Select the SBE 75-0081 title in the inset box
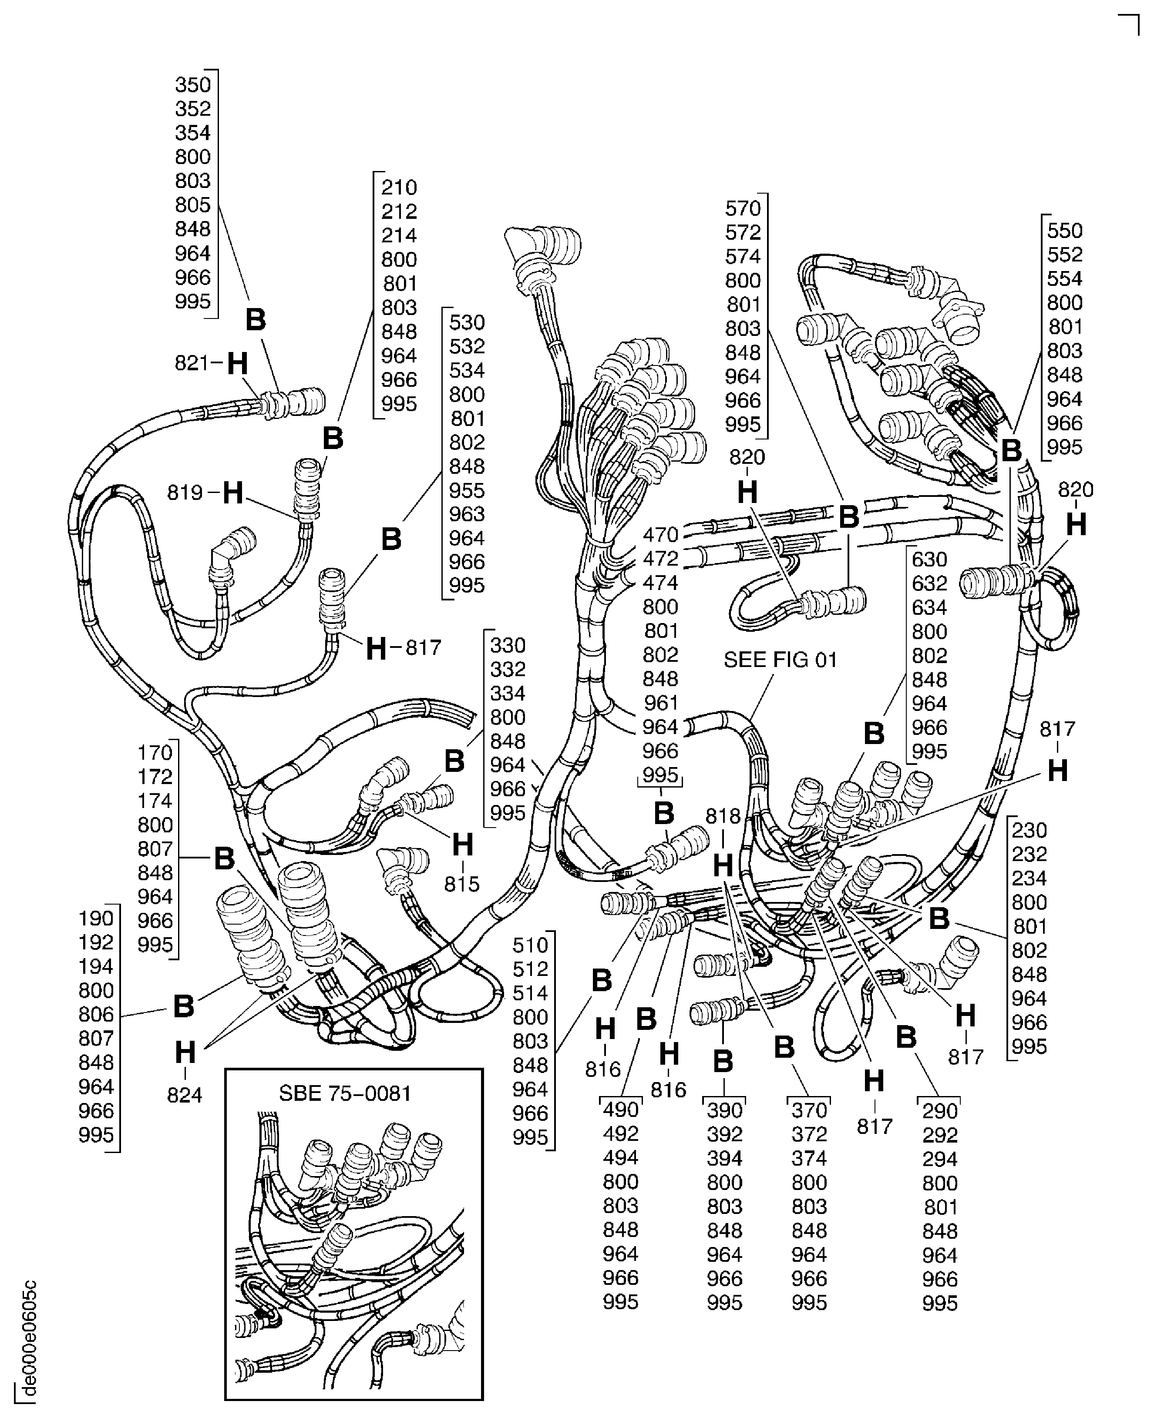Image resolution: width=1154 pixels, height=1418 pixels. click(x=345, y=1093)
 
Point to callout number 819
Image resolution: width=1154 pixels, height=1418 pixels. click(x=184, y=493)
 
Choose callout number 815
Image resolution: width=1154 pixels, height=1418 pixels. click(x=461, y=884)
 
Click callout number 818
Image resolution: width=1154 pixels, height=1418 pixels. click(x=723, y=816)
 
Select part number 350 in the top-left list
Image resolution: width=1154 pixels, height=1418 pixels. click(x=193, y=85)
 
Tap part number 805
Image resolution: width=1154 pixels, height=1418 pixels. click(x=193, y=204)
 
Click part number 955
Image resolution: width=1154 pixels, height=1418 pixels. click(x=467, y=490)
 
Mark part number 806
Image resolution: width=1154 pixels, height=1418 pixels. click(x=96, y=1014)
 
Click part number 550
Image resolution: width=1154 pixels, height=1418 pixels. click(x=1064, y=231)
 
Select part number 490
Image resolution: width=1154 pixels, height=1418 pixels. click(x=620, y=1110)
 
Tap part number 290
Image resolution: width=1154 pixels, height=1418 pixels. click(x=939, y=1111)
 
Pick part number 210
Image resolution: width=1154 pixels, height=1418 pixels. click(x=399, y=188)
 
